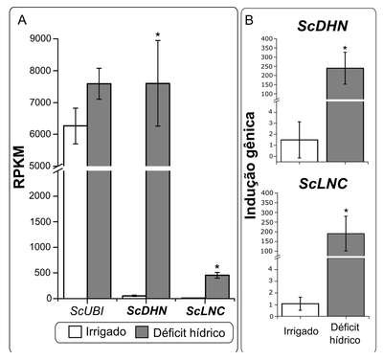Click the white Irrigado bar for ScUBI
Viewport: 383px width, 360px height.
point(76,212)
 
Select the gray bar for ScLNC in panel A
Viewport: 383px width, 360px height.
point(217,286)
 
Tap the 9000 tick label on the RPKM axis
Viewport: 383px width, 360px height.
point(40,38)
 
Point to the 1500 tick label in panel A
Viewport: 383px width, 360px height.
point(40,221)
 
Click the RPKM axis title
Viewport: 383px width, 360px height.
point(19,167)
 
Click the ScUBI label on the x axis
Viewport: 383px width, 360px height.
point(87,311)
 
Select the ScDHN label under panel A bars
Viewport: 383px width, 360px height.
point(146,311)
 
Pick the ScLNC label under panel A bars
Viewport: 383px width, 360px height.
point(206,311)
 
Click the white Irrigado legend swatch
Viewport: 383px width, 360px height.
point(75,332)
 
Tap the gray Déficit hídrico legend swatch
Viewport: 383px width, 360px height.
point(142,332)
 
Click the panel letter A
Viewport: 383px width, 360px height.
point(22,20)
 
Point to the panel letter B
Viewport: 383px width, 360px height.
point(249,20)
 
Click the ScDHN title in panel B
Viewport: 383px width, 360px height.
point(323,26)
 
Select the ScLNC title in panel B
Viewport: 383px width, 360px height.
point(323,184)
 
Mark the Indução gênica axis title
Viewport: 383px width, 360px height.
point(251,166)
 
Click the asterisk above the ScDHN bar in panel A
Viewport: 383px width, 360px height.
point(157,34)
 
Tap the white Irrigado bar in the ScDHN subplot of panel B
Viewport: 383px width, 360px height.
point(299,150)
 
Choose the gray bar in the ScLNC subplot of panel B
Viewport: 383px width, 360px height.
point(346,275)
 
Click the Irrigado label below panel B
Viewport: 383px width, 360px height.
point(301,331)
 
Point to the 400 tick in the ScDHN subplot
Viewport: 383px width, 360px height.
point(267,39)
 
